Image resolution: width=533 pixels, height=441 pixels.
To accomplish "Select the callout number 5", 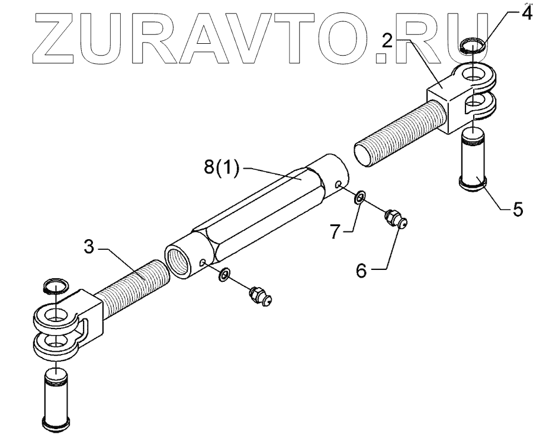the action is pos(518,210).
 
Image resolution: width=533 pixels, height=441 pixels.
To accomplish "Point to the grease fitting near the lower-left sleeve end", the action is pos(259,294).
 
